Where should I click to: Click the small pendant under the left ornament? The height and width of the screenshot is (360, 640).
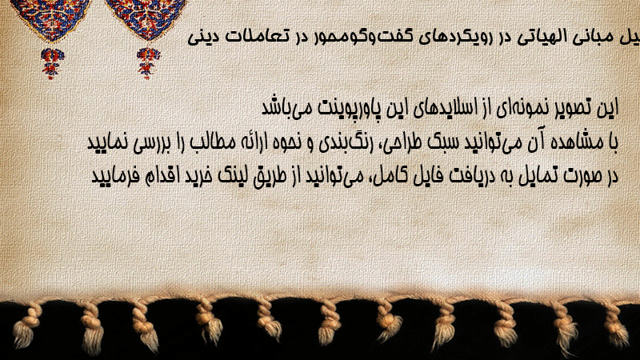click(x=52, y=63)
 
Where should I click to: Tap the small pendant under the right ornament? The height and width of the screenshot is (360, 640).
click(x=148, y=63)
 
